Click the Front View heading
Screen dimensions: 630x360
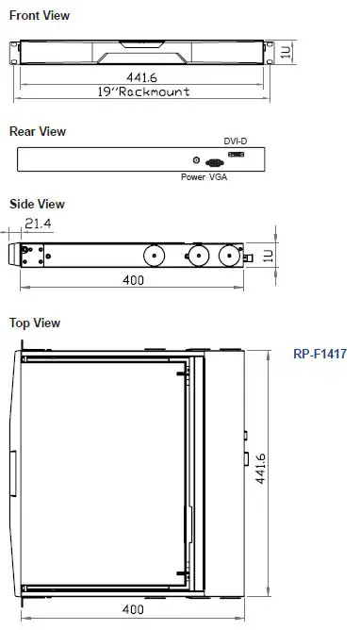pos(40,16)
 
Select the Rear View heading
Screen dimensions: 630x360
pos(38,131)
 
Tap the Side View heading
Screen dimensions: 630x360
pos(37,204)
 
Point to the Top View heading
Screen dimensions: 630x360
pos(35,323)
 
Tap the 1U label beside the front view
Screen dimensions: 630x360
pos(286,51)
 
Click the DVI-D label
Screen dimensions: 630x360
pos(236,141)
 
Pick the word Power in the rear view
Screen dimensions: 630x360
pos(192,176)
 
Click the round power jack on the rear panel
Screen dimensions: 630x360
pos(196,161)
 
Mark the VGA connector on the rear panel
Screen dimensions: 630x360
pos(214,162)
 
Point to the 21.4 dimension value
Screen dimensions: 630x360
pos(39,224)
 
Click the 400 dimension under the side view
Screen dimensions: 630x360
pos(134,280)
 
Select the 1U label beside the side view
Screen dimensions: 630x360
pos(268,256)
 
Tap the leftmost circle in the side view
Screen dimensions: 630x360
pos(153,256)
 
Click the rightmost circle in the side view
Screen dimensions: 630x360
pos(228,256)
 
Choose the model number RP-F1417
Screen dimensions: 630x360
pos(320,355)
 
